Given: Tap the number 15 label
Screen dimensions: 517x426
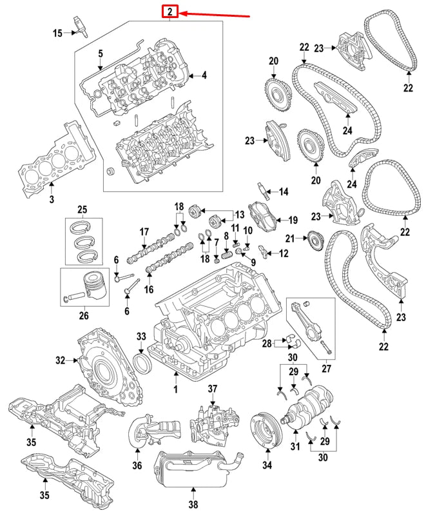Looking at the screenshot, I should pyautogui.click(x=57, y=32).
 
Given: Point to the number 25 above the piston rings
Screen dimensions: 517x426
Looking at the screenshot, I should pyautogui.click(x=82, y=209).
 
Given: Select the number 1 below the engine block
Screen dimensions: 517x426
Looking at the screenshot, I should pyautogui.click(x=175, y=391).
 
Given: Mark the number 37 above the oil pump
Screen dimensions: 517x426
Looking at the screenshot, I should pyautogui.click(x=212, y=389).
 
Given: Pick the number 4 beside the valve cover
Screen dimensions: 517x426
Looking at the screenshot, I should pyautogui.click(x=204, y=75).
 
